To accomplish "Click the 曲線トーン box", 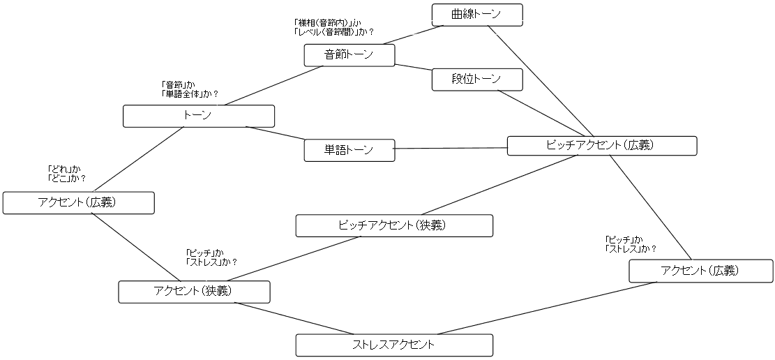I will pyautogui.click(x=476, y=14).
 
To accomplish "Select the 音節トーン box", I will pyautogui.click(x=349, y=55).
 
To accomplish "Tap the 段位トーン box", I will pyautogui.click(x=477, y=80).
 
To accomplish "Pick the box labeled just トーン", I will pyautogui.click(x=198, y=116).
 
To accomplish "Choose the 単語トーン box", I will pyautogui.click(x=349, y=150).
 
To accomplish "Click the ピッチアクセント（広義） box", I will pyautogui.click(x=601, y=145).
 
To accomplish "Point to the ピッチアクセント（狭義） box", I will pyautogui.click(x=394, y=225).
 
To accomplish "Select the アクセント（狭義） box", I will pyautogui.click(x=194, y=291).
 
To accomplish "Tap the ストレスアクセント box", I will pyautogui.click(x=394, y=345).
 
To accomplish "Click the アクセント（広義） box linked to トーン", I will pyautogui.click(x=78, y=203).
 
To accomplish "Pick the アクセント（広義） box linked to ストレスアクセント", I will pyautogui.click(x=700, y=271).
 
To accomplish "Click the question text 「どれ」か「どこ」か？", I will pyautogui.click(x=66, y=173).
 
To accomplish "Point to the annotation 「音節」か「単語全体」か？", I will pyautogui.click(x=189, y=89).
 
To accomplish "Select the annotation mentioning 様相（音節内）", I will pyautogui.click(x=333, y=27).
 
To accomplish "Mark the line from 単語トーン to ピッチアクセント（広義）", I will pyautogui.click(x=451, y=148).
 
